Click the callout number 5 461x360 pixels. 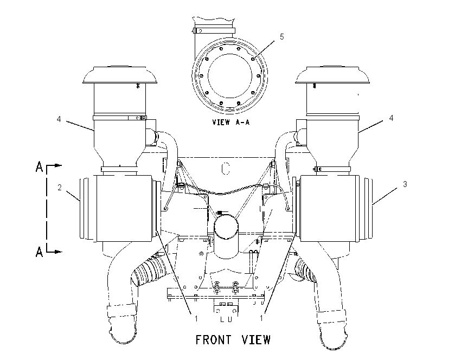pyautogui.click(x=281, y=37)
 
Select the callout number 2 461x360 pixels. pyautogui.click(x=60, y=188)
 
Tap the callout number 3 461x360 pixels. pyautogui.click(x=405, y=184)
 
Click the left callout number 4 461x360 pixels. pyautogui.click(x=59, y=119)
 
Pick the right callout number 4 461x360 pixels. pyautogui.click(x=391, y=118)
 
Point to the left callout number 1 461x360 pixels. pyautogui.click(x=196, y=318)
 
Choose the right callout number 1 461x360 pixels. pyautogui.click(x=261, y=318)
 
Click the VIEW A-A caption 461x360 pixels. pyautogui.click(x=231, y=122)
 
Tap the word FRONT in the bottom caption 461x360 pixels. pyautogui.click(x=213, y=340)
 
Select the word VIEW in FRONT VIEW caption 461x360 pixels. pyautogui.click(x=256, y=340)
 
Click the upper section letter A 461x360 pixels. pyautogui.click(x=39, y=167)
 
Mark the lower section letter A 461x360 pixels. pyautogui.click(x=39, y=252)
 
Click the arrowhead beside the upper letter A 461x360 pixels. pyautogui.click(x=59, y=165)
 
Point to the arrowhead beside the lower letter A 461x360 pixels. pyautogui.click(x=59, y=252)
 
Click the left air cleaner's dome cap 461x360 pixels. pyautogui.click(x=120, y=75)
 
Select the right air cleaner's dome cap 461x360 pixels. pyautogui.click(x=332, y=75)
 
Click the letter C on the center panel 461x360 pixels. pyautogui.click(x=226, y=169)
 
